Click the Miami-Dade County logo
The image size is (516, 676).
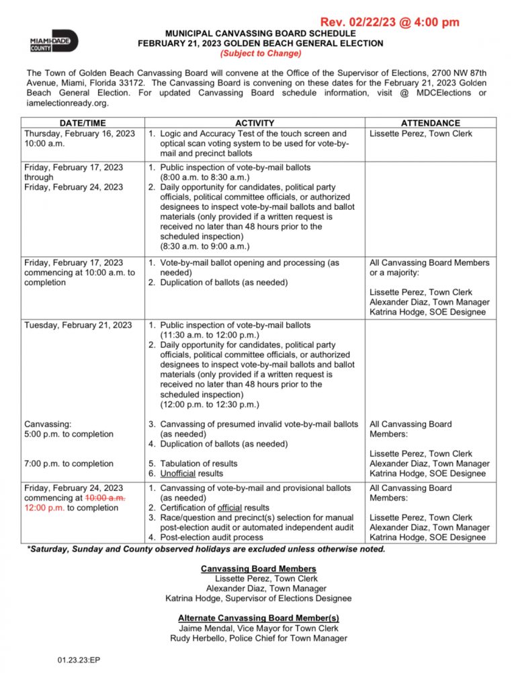pyautogui.click(x=54, y=42)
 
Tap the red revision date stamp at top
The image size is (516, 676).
pyautogui.click(x=390, y=22)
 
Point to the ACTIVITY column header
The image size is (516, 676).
pyautogui.click(x=255, y=123)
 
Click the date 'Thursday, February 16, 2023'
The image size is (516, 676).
pyautogui.click(x=79, y=134)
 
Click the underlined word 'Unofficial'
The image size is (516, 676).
pyautogui.click(x=182, y=474)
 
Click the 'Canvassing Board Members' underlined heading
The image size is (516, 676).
pyautogui.click(x=259, y=569)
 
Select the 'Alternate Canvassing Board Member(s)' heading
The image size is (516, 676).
pyautogui.click(x=259, y=618)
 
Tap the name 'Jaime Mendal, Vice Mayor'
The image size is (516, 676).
pyautogui.click(x=259, y=628)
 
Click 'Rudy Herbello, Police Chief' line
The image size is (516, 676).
pyautogui.click(x=259, y=638)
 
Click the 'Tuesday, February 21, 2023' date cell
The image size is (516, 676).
pyautogui.click(x=78, y=326)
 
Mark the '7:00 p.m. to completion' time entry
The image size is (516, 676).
pyautogui.click(x=69, y=464)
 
